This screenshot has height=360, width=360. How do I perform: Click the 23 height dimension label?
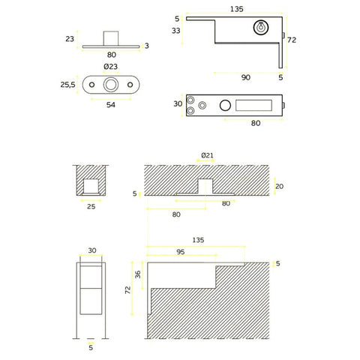tap(70, 40)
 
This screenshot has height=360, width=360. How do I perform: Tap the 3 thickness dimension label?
tap(148, 46)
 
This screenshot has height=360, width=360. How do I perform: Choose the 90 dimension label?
tap(245, 77)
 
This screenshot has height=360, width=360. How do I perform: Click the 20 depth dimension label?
tap(280, 187)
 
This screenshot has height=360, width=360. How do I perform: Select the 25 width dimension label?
tap(91, 205)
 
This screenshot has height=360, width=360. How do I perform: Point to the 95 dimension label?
tap(180, 252)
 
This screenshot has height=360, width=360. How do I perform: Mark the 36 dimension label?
tap(138, 274)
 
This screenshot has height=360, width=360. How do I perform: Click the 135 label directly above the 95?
tap(198, 240)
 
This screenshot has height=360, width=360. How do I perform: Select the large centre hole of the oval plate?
tap(110, 85)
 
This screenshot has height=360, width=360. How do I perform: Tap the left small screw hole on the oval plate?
tap(91, 85)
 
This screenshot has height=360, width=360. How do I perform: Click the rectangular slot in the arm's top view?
tap(253, 106)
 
